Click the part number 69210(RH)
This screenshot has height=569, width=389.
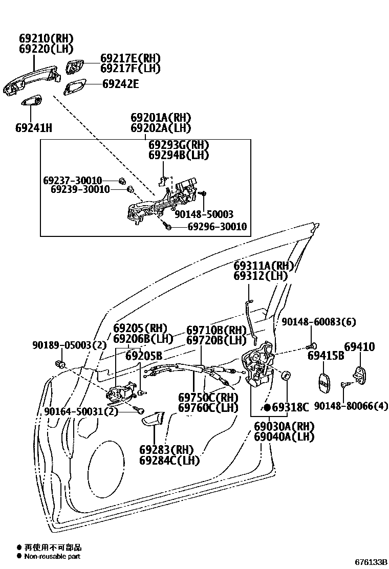46,38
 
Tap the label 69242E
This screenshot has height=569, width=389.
120,84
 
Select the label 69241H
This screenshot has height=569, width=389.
34,127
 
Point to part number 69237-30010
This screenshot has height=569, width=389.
73,181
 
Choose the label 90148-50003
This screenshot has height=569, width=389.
204,215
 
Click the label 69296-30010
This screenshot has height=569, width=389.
217,226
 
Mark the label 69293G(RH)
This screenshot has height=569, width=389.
179,145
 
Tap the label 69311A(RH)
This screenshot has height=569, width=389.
263,266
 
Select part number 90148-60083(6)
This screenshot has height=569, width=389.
319,322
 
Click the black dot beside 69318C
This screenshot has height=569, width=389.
267,407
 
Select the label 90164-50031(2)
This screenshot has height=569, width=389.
81,411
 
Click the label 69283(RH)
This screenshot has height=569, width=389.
166,450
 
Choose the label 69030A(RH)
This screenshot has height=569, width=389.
284,426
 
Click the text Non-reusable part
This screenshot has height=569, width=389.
53,556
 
